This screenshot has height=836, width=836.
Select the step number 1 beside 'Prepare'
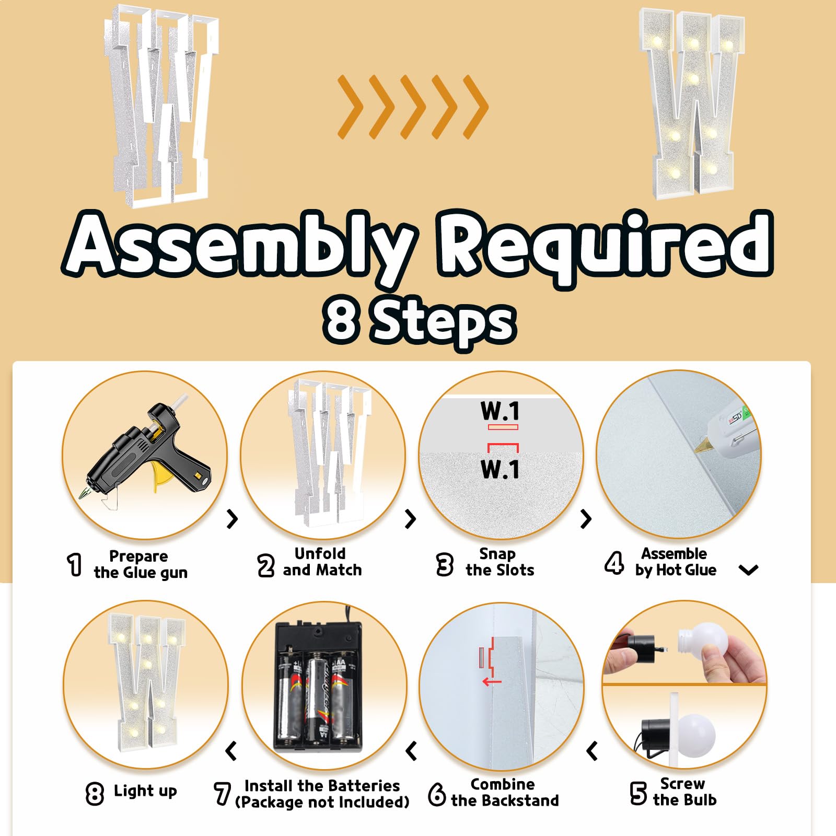pyautogui.click(x=75, y=565)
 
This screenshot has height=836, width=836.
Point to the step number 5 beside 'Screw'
pyautogui.click(x=638, y=793)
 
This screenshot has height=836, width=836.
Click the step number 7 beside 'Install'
pyautogui.click(x=222, y=793)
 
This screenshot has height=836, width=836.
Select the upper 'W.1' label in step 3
pyautogui.click(x=500, y=411)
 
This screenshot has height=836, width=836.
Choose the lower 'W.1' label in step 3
pyautogui.click(x=500, y=469)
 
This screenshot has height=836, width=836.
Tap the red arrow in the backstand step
pyautogui.click(x=492, y=681)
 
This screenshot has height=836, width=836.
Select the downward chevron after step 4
pyautogui.click(x=749, y=570)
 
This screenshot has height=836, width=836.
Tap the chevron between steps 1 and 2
pyautogui.click(x=233, y=519)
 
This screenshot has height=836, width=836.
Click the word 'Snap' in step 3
pyautogui.click(x=497, y=554)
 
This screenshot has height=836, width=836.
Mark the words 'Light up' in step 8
pyautogui.click(x=145, y=791)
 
